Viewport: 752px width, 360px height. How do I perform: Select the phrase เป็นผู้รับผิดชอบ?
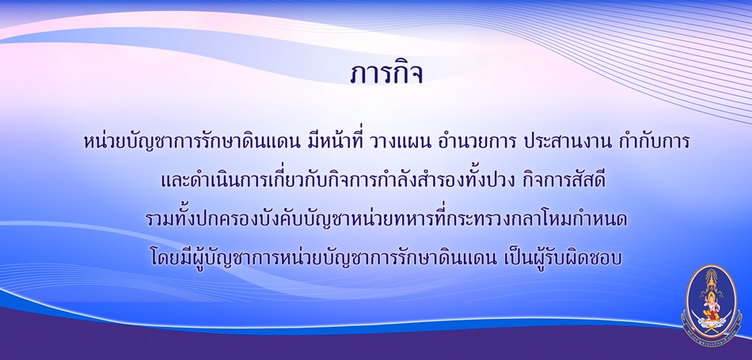(x=564, y=258)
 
